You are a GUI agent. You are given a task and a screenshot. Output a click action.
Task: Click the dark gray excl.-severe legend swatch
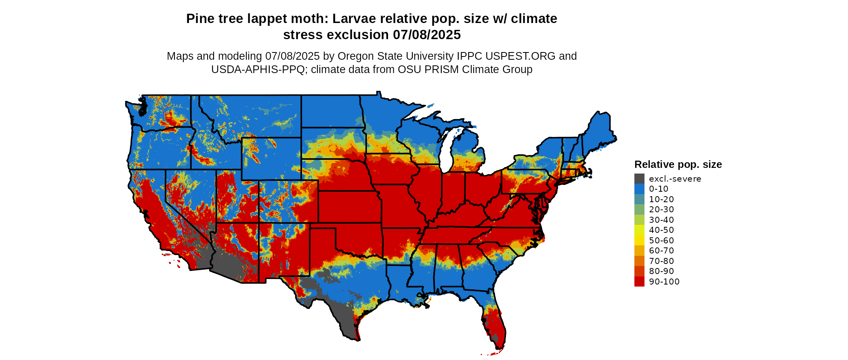tap(639, 179)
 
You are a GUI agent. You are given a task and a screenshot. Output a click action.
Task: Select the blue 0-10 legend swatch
tap(639, 189)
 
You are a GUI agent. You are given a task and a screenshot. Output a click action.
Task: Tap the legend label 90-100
tap(664, 282)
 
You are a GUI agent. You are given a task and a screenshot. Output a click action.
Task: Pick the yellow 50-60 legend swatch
tap(639, 241)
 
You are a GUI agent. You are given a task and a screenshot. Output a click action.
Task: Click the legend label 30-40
tap(661, 220)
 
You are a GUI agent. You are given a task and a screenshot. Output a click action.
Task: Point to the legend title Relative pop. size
tap(678, 165)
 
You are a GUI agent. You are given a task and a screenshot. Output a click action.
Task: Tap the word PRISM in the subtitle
tap(445, 69)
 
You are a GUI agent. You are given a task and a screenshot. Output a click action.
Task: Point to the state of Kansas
tap(349, 206)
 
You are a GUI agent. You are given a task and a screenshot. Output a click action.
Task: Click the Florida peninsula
tap(495, 323)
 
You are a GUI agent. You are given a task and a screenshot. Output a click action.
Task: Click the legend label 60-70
tap(661, 251)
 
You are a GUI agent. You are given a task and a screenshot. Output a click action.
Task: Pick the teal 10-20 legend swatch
tap(639, 199)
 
